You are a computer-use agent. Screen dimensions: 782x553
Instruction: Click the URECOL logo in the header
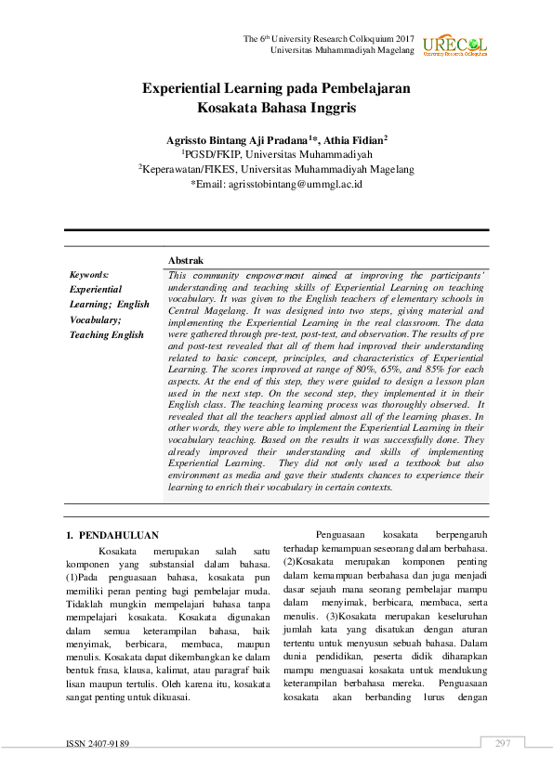pos(454,46)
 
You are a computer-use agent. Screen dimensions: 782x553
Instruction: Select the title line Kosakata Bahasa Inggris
pos(276,108)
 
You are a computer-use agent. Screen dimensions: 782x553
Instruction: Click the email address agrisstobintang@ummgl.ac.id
pos(276,184)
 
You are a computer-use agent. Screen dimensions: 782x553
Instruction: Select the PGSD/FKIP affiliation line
pos(276,154)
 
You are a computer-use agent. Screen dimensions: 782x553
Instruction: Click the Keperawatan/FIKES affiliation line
pos(276,169)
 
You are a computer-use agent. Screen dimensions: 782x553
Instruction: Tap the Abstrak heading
pos(186,261)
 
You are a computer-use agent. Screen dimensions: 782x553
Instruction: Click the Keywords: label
pos(89,275)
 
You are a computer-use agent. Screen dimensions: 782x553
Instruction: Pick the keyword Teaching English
pos(107,334)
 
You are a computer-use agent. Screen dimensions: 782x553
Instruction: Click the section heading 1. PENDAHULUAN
pos(112,535)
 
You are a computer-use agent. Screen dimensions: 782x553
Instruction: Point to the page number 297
pos(503,743)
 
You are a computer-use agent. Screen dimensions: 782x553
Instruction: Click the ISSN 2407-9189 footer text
pos(97,744)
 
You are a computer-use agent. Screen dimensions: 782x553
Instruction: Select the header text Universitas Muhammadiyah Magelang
pos(342,49)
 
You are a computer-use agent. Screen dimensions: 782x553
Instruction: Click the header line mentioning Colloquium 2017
pos(328,38)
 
